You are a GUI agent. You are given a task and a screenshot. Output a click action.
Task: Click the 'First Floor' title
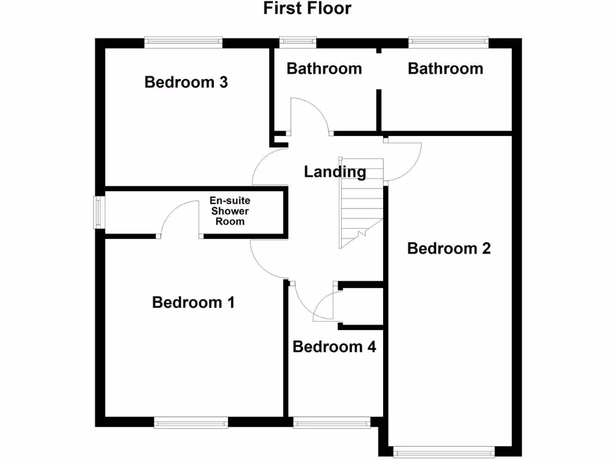point(307,8)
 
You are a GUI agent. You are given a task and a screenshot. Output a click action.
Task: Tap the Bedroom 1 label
point(193,302)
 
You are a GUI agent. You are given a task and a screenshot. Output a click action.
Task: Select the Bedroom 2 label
point(448,248)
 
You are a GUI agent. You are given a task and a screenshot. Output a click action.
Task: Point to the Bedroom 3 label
point(186,82)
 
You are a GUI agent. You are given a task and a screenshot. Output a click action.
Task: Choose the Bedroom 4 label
point(334,346)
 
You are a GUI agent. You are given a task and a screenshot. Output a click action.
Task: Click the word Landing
point(335,172)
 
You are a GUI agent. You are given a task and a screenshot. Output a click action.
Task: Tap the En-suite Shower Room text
point(230,211)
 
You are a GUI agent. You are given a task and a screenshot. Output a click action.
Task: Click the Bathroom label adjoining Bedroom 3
point(324,68)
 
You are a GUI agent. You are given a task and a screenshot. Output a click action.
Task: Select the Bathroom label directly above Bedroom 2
point(445,68)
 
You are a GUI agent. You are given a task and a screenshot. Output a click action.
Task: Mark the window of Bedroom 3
point(183,42)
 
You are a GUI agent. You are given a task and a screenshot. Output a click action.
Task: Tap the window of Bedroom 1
point(191,423)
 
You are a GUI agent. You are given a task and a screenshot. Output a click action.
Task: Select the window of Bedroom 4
point(332,423)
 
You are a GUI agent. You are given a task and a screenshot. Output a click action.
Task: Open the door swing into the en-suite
point(178,217)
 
